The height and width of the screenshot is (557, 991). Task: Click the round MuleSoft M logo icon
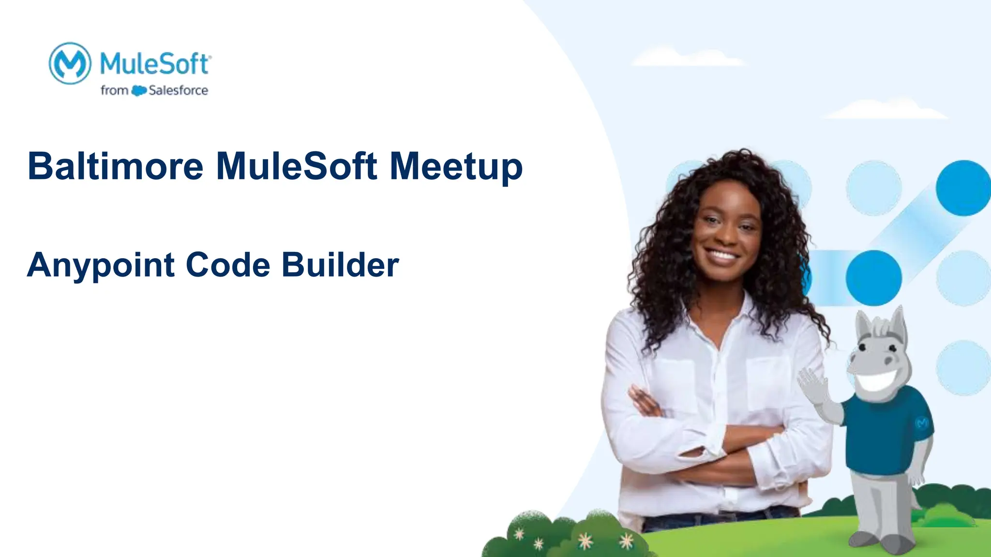coord(70,63)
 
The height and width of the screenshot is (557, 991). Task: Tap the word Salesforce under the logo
coord(178,90)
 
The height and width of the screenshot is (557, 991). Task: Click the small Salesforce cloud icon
coord(139,90)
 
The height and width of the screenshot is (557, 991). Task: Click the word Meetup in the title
coord(456,167)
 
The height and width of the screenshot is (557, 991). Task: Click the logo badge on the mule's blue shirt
coord(922,423)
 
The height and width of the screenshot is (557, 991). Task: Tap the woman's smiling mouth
coord(722,254)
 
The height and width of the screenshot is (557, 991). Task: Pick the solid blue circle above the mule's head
coord(873,278)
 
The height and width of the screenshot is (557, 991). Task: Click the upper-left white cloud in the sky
coord(687,57)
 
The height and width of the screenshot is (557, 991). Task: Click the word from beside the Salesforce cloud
coord(114,90)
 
